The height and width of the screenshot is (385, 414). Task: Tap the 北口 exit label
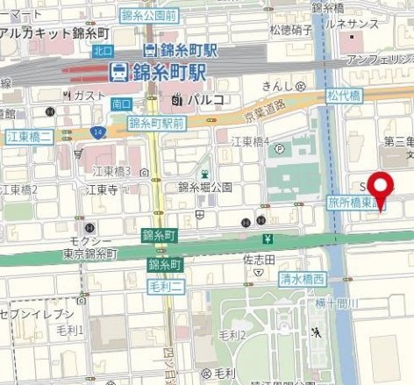point(103,50)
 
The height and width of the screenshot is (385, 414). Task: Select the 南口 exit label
point(121,103)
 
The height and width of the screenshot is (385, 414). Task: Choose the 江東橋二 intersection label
point(30,136)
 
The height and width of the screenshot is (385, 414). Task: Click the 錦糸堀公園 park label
point(204,187)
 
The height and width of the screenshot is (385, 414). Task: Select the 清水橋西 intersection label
point(302,279)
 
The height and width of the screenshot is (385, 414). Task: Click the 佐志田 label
point(260,260)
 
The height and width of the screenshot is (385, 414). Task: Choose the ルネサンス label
point(370,25)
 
